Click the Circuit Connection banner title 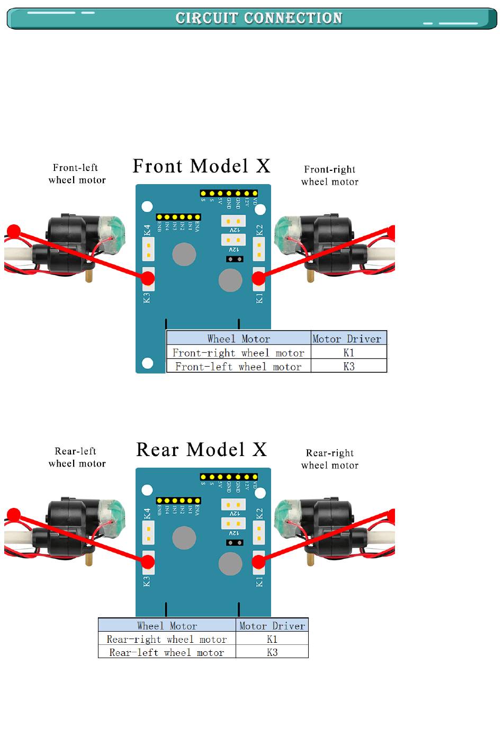(259, 19)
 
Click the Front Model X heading (201, 166)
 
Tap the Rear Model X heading (201, 450)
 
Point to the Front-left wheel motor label (77, 174)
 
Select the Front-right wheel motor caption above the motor (329, 176)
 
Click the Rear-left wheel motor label (77, 458)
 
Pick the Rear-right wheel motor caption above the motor (329, 459)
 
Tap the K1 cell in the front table (348, 353)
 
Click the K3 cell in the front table (348, 367)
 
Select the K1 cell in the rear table (272, 639)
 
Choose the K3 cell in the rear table (272, 652)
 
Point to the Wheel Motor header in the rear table (167, 626)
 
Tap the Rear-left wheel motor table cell (167, 653)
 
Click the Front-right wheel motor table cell (238, 353)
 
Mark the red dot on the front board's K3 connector (148, 277)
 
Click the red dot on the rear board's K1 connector (258, 561)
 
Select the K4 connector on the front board (149, 249)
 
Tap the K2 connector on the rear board (259, 532)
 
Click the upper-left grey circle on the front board (184, 254)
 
